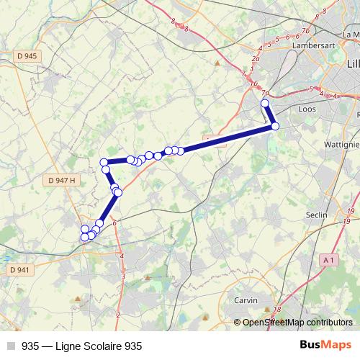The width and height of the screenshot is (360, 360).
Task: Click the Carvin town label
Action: click(246, 299)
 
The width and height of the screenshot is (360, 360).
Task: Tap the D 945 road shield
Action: click(24, 56)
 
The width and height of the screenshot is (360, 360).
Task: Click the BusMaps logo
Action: click(325, 346)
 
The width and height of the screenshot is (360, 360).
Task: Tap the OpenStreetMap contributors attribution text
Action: click(297, 323)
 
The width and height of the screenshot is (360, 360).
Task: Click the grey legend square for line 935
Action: click(11, 346)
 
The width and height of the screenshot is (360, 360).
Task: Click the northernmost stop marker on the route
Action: click(265, 104)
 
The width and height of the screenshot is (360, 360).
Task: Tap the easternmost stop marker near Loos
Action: click(275, 127)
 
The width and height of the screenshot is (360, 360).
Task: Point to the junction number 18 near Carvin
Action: click(277, 310)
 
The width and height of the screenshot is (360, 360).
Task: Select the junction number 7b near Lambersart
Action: click(306, 31)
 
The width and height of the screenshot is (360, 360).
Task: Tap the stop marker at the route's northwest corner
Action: click(104, 162)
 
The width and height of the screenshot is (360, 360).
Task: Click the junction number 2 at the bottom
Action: click(117, 314)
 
